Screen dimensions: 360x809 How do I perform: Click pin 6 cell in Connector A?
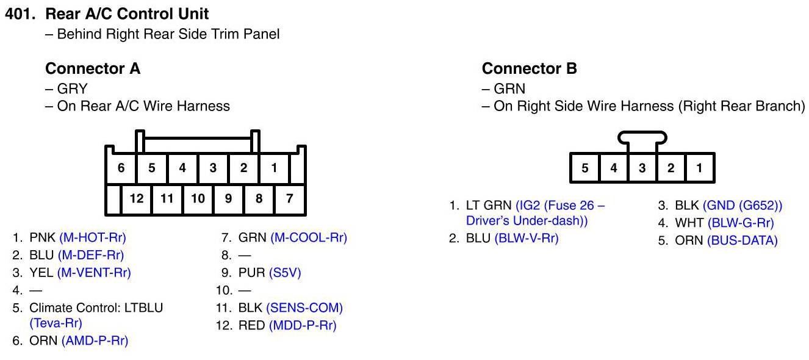pos(121,168)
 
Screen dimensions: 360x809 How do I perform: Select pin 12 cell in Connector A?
pos(136,198)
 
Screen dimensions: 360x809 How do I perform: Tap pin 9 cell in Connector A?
pos(228,198)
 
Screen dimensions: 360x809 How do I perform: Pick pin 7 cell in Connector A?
pos(289,198)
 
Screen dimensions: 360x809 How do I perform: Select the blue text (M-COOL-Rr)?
pos(309,237)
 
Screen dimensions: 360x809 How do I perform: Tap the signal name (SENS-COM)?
pos(304,308)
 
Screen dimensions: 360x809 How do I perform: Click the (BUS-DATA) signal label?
pos(742,240)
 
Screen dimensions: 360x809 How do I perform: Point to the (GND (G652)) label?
pos(742,206)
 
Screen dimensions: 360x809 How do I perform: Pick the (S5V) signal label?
pos(285,273)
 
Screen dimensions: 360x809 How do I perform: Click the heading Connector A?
pos(93,69)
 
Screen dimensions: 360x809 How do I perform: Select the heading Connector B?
pos(529,69)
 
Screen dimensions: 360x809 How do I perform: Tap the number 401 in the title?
pos(18,13)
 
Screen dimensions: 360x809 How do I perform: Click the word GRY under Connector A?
pos(72,89)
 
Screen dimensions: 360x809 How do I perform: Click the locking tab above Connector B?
pos(641,140)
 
